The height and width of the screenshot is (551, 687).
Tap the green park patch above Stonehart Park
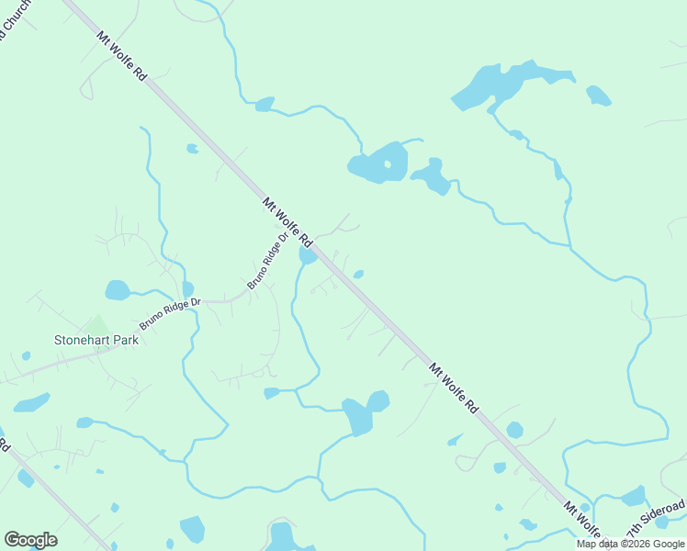click(x=96, y=325)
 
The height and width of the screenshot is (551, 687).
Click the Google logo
click(x=30, y=540)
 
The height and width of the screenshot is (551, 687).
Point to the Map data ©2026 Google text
click(x=630, y=544)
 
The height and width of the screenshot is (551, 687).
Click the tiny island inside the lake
click(x=388, y=165)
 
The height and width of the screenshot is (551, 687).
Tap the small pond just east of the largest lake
click(x=598, y=95)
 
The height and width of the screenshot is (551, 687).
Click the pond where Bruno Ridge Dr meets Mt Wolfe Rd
click(x=308, y=255)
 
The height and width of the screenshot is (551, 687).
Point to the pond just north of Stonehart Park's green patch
click(x=118, y=290)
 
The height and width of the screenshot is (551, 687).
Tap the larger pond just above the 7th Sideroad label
click(x=633, y=497)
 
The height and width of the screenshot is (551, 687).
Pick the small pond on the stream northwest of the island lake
click(x=265, y=104)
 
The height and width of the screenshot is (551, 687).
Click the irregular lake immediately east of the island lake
click(x=431, y=176)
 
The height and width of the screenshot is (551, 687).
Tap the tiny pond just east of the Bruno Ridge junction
click(x=358, y=274)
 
